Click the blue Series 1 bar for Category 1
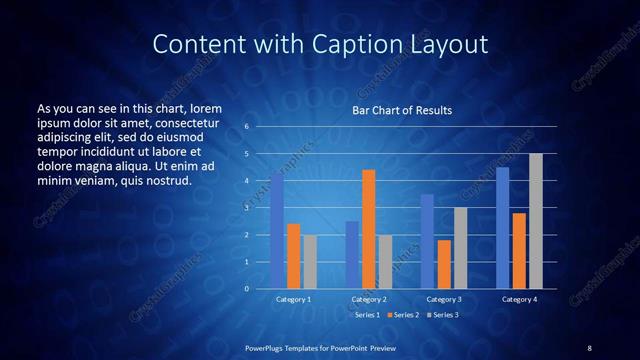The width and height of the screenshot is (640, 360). [277, 231]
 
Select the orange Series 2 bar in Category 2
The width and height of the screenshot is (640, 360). [369, 229]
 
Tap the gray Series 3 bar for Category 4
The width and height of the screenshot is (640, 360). [536, 221]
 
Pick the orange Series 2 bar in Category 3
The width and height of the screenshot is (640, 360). [444, 264]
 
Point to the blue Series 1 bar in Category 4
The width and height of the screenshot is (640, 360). [503, 228]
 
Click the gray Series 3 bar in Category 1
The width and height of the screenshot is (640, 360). [310, 261]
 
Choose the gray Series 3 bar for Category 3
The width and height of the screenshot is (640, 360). [461, 248]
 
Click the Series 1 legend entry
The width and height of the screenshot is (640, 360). [364, 315]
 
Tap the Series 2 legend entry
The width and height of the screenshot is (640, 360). [402, 315]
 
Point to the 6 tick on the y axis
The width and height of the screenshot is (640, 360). [245, 128]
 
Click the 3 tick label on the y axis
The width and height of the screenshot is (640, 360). [245, 208]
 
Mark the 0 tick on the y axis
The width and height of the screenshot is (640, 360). [245, 289]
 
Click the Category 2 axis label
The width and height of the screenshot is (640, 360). [369, 299]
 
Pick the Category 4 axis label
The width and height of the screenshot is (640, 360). [519, 299]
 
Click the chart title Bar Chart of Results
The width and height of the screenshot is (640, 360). [402, 110]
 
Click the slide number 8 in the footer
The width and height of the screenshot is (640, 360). [589, 347]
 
